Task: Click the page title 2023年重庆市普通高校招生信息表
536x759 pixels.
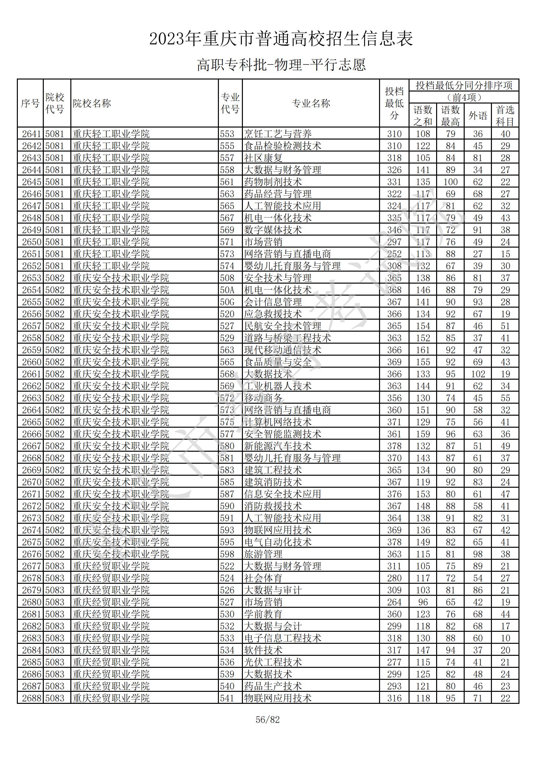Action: tap(281, 39)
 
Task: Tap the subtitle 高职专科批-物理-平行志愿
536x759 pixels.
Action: tap(281, 65)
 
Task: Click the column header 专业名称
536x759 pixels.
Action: tap(311, 104)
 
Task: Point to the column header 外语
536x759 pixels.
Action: tap(478, 116)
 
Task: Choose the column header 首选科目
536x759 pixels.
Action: tap(505, 116)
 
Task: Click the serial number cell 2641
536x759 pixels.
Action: tap(31, 134)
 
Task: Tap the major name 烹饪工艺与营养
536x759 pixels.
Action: tap(278, 134)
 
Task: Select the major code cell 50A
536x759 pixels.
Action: tap(227, 290)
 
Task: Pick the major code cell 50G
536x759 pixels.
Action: tap(227, 302)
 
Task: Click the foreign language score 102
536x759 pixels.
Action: tap(478, 374)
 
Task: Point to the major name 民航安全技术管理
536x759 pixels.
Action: tap(282, 326)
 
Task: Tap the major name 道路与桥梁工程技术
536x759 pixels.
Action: tap(287, 338)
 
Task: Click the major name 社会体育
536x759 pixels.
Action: tap(263, 578)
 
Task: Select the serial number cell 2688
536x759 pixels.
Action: tap(31, 698)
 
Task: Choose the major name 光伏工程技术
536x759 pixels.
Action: tap(273, 662)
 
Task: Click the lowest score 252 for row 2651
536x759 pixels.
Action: tap(394, 254)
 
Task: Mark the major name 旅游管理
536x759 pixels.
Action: tap(263, 554)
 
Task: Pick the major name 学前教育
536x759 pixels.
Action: tap(263, 614)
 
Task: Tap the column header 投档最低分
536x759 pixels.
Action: tap(394, 104)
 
